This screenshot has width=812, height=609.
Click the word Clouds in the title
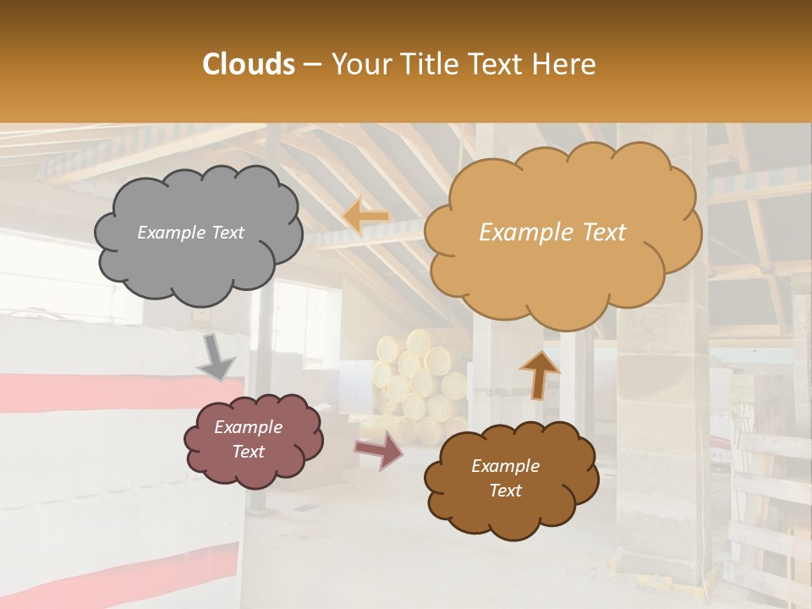[x=249, y=64]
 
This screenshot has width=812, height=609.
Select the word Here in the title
[x=567, y=64]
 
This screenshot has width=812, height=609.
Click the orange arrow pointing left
[x=365, y=217]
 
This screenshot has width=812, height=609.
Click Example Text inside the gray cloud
[x=190, y=233]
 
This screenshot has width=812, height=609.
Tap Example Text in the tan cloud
[x=552, y=233]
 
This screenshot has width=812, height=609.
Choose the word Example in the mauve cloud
[x=248, y=427]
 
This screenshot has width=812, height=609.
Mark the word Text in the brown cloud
[x=505, y=491]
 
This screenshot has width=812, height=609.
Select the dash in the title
[x=311, y=64]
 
